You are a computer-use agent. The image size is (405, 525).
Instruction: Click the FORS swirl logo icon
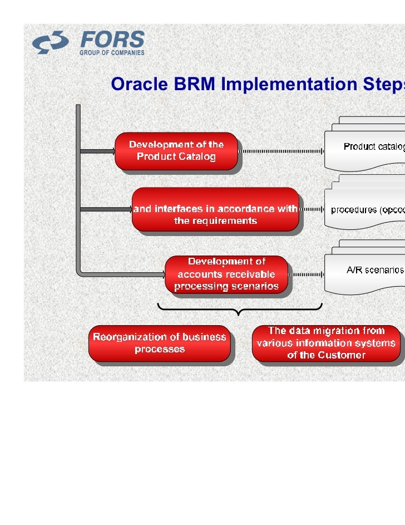(x=50, y=43)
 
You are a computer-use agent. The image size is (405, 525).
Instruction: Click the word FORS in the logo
(x=112, y=40)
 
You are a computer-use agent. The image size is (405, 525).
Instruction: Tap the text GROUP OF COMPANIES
(x=112, y=53)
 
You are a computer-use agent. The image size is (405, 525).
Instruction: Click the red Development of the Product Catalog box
(x=176, y=151)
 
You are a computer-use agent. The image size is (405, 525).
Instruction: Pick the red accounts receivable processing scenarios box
(x=226, y=274)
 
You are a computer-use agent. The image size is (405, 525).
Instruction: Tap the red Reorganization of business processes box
(x=160, y=344)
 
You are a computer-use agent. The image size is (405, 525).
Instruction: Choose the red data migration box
(x=327, y=344)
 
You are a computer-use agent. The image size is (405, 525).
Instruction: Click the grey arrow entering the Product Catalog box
(x=97, y=151)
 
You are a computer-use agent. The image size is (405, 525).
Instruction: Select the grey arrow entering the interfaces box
(x=106, y=210)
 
